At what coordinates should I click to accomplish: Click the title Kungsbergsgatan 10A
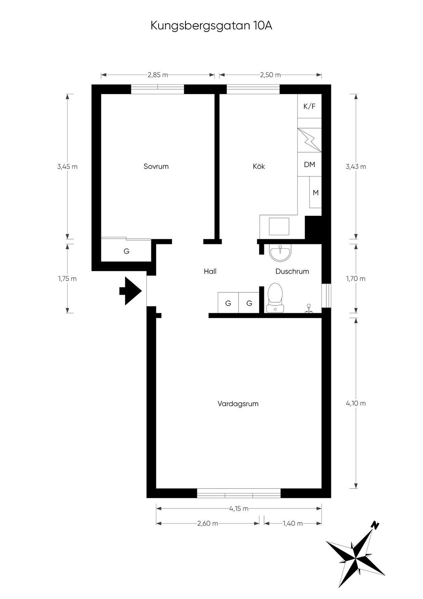click(211, 26)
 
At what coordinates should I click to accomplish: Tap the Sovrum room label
click(156, 166)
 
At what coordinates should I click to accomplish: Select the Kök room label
click(259, 166)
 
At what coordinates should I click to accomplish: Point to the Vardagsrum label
click(238, 403)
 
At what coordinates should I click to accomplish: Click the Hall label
click(210, 272)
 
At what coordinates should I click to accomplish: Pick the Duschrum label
click(292, 272)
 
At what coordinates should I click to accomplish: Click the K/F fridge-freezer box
click(309, 106)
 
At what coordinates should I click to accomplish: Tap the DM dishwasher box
click(309, 165)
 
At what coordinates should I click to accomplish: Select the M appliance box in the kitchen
click(315, 193)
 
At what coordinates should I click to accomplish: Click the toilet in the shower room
click(275, 298)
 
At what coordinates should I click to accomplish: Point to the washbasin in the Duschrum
click(280, 253)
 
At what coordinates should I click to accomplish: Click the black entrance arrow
click(130, 291)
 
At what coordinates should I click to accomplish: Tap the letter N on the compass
click(376, 525)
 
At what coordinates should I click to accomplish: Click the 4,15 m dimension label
click(239, 508)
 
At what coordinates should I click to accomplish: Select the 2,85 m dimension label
click(158, 75)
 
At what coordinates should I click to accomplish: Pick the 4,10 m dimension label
click(356, 403)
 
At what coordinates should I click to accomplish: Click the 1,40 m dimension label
click(292, 523)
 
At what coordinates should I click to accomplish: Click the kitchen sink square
click(279, 226)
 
